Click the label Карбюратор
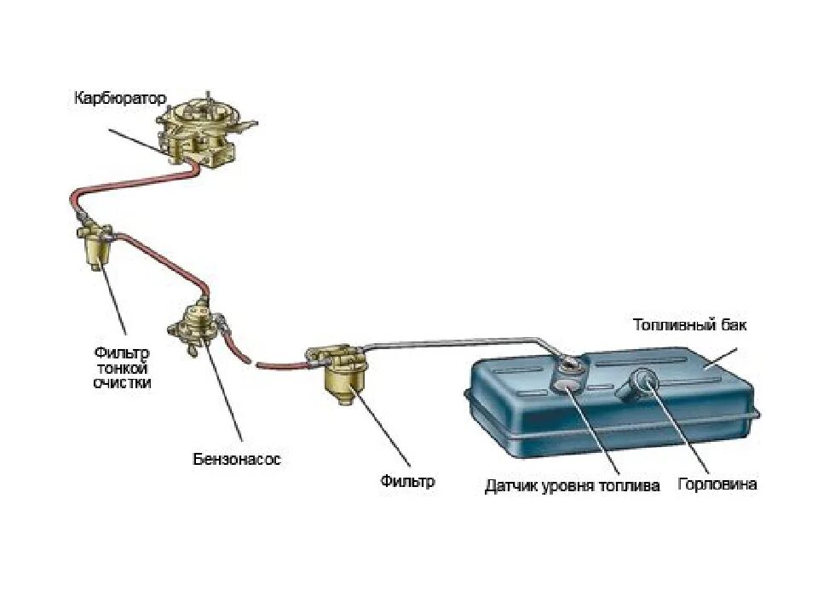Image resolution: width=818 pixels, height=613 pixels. [x=118, y=99]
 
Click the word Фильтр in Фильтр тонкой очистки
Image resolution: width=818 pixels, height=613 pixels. [x=123, y=352]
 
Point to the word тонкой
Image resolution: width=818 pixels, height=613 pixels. [x=122, y=368]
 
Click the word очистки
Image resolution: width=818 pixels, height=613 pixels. [x=122, y=383]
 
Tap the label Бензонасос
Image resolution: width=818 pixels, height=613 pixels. [x=235, y=460]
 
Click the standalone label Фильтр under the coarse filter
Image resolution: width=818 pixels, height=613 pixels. [x=407, y=481]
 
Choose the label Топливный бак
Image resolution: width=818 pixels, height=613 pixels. [x=689, y=325]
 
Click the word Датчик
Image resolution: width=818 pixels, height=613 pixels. [x=510, y=486]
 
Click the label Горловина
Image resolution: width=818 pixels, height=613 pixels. [x=717, y=484]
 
